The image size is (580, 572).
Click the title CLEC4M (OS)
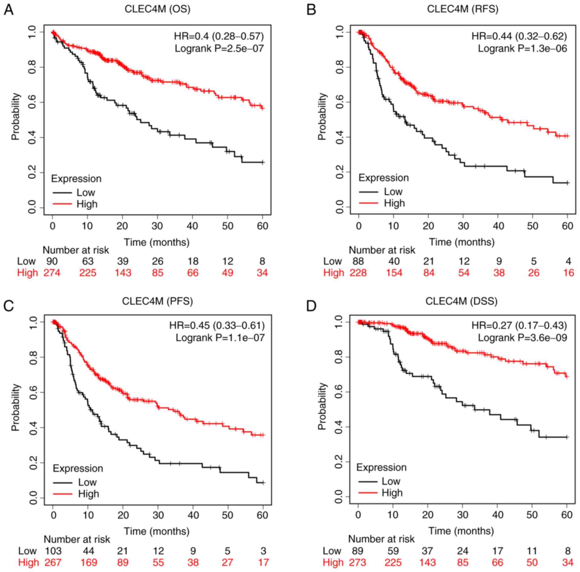[x=157, y=9]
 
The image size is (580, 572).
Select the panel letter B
[x=311, y=10]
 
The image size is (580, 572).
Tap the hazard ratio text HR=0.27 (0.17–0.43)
[x=519, y=325]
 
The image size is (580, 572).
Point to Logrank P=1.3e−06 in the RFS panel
[x=522, y=48]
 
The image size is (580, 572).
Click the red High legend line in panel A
[x=62, y=204]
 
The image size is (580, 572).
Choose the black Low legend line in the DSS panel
[x=367, y=481]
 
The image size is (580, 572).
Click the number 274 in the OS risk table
[x=52, y=273]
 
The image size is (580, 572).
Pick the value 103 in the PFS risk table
[x=53, y=550]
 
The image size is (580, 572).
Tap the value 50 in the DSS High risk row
[x=532, y=562]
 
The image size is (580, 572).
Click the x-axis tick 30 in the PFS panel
[x=158, y=515]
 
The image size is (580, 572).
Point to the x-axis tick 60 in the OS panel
[x=262, y=226]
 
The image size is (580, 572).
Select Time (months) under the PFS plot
[x=156, y=531]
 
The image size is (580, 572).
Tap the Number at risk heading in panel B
[x=382, y=250]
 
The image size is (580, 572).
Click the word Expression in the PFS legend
[x=78, y=468]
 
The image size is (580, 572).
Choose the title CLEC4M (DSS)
[x=461, y=301]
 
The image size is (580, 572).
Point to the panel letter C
[x=8, y=306]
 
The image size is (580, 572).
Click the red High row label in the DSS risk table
[x=333, y=562]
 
